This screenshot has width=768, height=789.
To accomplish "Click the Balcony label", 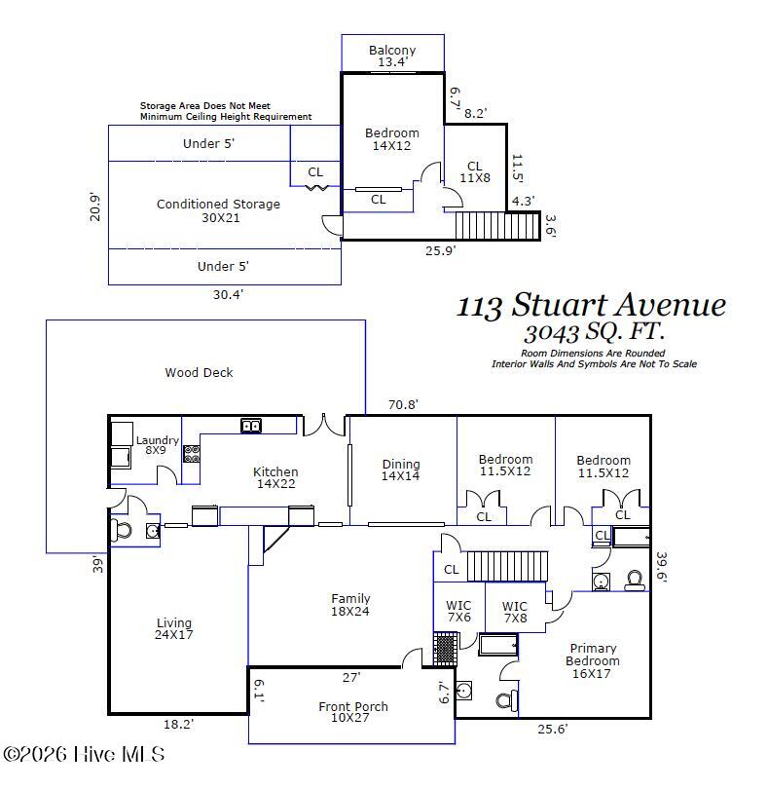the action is point(392,51).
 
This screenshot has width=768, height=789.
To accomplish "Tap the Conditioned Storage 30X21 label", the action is point(218,210).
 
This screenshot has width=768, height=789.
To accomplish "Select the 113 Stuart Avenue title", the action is point(591,305).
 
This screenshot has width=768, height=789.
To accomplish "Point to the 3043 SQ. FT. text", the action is point(594,331).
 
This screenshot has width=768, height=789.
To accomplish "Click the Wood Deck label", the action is point(200,373).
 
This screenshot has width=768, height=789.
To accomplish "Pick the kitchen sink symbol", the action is point(251,426).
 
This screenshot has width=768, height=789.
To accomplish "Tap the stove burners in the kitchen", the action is point(191,454).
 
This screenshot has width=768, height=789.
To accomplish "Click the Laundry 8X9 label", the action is point(157,445).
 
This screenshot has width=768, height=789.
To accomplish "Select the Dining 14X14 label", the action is point(401,470).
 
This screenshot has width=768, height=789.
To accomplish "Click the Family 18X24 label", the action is point(350,605).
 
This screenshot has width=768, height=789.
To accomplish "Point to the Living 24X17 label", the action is point(174,628).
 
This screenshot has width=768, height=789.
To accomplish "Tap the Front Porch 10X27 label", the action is point(353,712).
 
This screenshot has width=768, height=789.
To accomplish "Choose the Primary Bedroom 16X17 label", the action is point(593,660).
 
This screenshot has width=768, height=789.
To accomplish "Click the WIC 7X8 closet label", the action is point(515,612).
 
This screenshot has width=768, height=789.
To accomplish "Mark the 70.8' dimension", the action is point(403,404).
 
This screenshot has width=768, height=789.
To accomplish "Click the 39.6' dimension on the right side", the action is point(661,567).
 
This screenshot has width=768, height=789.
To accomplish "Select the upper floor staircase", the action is point(498,225).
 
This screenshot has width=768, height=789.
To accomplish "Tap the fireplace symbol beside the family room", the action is point(446,649).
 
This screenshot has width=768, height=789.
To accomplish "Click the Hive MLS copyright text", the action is point(84,754).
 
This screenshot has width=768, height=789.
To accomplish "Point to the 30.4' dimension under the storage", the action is point(228,294).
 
